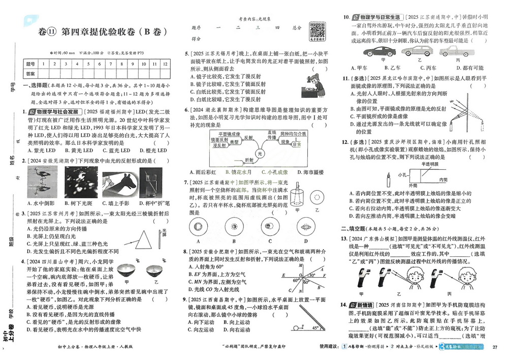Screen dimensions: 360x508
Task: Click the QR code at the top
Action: [317, 28]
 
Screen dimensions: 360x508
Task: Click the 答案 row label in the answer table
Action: [30, 74]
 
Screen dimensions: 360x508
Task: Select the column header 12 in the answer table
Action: [165, 65]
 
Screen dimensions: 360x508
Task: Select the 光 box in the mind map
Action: [261, 152]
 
